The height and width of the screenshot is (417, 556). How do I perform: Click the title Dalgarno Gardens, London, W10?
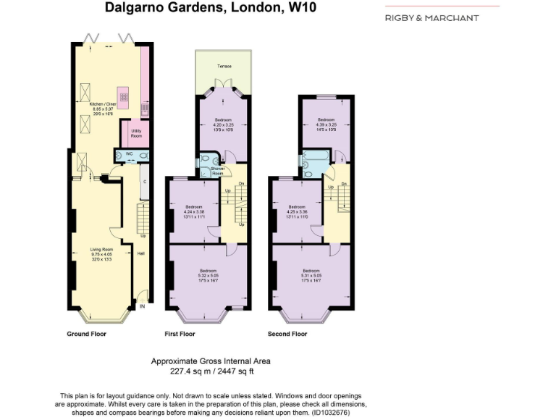click(x=211, y=9)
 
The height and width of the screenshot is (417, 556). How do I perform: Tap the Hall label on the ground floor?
click(x=141, y=253)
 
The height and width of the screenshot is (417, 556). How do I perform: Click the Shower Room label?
click(x=217, y=171)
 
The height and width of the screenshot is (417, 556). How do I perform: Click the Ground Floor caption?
click(x=87, y=334)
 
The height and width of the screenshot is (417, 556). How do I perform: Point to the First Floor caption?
click(x=181, y=334)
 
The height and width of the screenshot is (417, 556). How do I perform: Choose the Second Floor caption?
click(x=287, y=334)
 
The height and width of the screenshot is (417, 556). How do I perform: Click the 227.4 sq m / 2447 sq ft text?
click(x=202, y=371)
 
